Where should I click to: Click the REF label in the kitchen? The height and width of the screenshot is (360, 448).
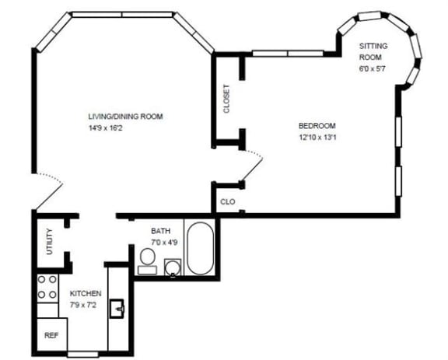point(51,335)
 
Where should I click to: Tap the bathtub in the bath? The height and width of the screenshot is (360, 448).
point(201,249)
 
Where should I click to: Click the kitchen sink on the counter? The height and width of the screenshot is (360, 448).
point(117,309)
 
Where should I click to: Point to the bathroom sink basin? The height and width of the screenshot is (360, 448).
point(173,267)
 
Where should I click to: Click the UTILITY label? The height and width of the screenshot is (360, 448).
point(50,242)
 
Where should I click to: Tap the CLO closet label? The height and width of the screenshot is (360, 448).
point(228,201)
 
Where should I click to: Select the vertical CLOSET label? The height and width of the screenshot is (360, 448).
point(226,99)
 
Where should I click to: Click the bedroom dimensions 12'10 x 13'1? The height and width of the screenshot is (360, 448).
point(317,138)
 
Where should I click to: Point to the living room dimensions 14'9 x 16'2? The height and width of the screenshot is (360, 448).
point(106,128)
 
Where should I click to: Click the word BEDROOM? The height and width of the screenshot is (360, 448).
point(317,126)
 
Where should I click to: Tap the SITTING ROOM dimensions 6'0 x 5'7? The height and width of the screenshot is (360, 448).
point(373,69)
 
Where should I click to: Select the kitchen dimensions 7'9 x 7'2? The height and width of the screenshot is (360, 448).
point(83,305)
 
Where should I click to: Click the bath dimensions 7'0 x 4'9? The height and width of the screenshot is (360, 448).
point(164,243)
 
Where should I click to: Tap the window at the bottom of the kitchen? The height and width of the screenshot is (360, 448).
point(83,355)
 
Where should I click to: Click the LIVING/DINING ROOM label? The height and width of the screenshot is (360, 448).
point(126,117)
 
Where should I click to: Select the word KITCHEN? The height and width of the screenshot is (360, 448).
point(86,293)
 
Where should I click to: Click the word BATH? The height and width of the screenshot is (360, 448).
point(160,231)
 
